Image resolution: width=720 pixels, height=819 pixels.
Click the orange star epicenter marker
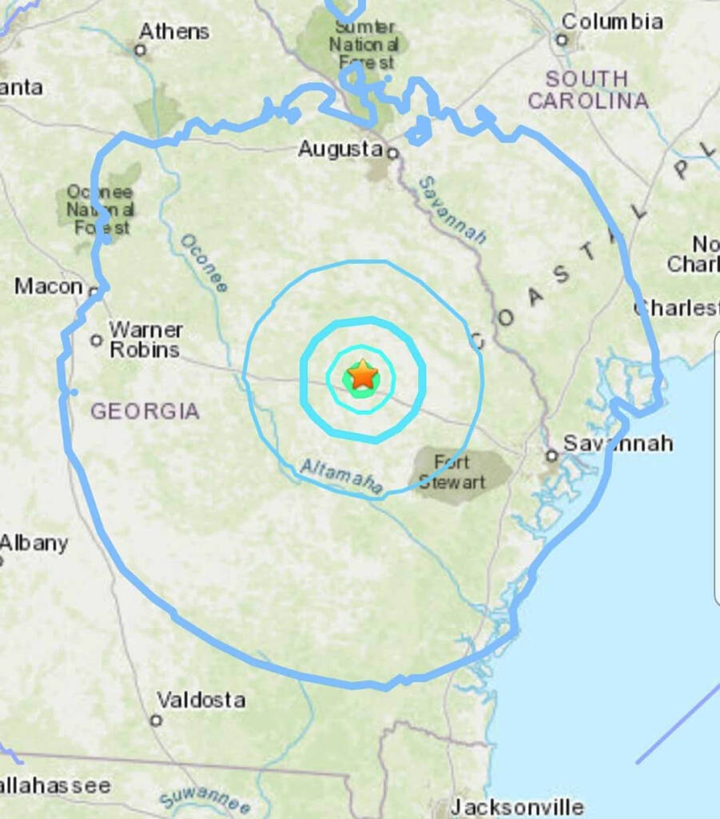pyautogui.click(x=363, y=374)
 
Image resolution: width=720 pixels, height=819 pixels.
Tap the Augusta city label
pyautogui.click(x=340, y=149)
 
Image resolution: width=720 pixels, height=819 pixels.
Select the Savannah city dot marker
pyautogui.click(x=551, y=456)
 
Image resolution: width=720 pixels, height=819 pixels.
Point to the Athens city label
pyautogui.click(x=174, y=31)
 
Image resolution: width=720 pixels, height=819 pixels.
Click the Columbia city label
pyautogui.click(x=612, y=21)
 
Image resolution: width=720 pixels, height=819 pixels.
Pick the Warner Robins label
pyautogui.click(x=145, y=339)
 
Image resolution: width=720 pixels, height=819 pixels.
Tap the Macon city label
pyautogui.click(x=49, y=286)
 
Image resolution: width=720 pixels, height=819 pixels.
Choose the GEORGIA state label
pyautogui.click(x=145, y=411)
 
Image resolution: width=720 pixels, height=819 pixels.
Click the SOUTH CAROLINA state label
pyautogui.click(x=587, y=90)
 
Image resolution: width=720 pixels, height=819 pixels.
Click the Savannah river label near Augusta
pyautogui.click(x=453, y=210)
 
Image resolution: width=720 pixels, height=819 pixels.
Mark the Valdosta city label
pyautogui.click(x=201, y=700)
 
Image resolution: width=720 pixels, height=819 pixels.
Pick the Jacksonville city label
pyautogui.click(x=517, y=806)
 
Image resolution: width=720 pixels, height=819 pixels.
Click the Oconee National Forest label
pyautogui.click(x=100, y=210)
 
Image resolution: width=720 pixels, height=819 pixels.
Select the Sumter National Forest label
pyautogui.click(x=363, y=43)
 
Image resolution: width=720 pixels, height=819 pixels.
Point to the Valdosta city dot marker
pyautogui.click(x=156, y=720)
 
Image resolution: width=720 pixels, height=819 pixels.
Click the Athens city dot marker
pyautogui.click(x=140, y=50)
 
